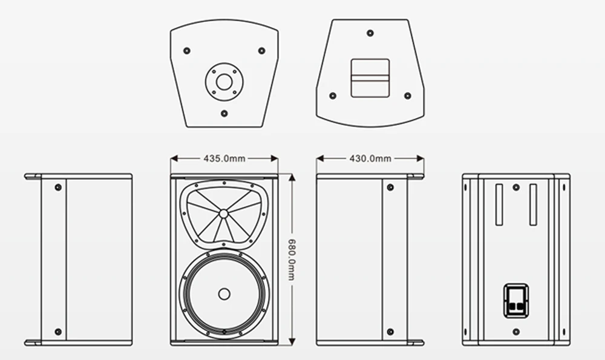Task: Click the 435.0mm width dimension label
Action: pyautogui.click(x=224, y=159)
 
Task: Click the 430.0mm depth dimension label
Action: pyautogui.click(x=370, y=159)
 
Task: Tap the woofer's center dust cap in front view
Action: pyautogui.click(x=224, y=295)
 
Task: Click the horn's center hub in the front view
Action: pyautogui.click(x=224, y=213)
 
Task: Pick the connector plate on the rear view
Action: pyautogui.click(x=515, y=301)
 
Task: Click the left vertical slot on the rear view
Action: pyautogui.click(x=499, y=205)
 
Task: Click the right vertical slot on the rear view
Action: pyautogui.click(x=532, y=205)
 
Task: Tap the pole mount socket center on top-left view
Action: pyautogui.click(x=224, y=80)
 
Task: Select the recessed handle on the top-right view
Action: pyautogui.click(x=370, y=77)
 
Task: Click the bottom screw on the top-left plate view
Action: pyautogui.click(x=224, y=113)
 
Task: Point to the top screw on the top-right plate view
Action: pyautogui.click(x=370, y=27)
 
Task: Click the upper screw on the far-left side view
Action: pyautogui.click(x=58, y=187)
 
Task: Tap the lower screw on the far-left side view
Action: pyautogui.click(x=58, y=332)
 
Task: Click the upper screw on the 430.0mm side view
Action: pyautogui.click(x=390, y=187)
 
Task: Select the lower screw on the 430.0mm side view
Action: pyautogui.click(x=390, y=332)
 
